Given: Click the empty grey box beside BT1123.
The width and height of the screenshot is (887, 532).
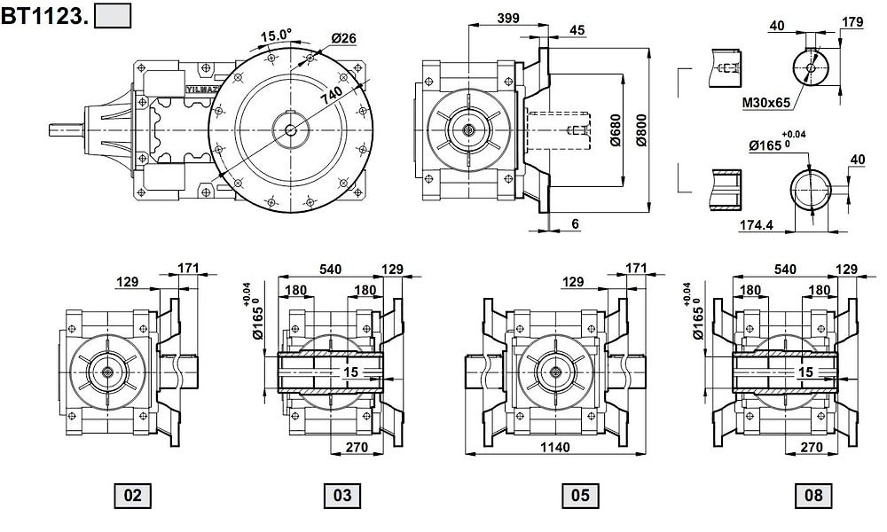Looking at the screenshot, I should pos(113,15).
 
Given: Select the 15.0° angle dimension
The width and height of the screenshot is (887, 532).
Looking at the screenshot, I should pos(275,35).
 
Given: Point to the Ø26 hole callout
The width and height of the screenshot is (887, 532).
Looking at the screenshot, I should pos(343,37).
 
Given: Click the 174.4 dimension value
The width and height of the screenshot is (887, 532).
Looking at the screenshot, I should pos(757,225).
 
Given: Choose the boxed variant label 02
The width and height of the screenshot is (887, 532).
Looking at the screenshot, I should pos(132,496).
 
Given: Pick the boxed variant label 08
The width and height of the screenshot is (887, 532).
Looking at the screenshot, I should pos(813,496).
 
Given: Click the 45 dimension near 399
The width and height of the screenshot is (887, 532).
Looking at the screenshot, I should pos(577,30).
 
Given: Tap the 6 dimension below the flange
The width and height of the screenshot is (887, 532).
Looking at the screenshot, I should pos(576,225).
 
